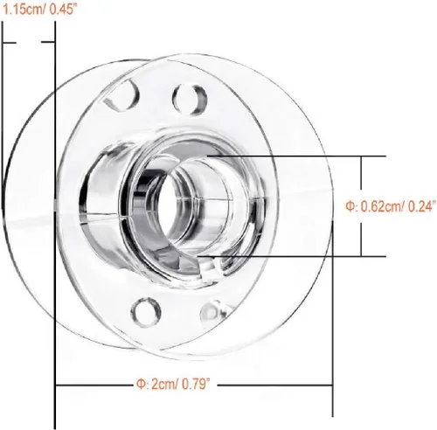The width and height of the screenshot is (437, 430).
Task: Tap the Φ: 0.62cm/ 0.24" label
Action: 391,206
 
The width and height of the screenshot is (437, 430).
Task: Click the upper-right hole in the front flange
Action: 190,99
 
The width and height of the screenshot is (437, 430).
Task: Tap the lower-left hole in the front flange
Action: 146,312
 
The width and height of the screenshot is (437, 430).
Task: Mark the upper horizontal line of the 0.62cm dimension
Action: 296,156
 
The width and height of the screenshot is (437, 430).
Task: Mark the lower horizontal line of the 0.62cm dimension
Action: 292,257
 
